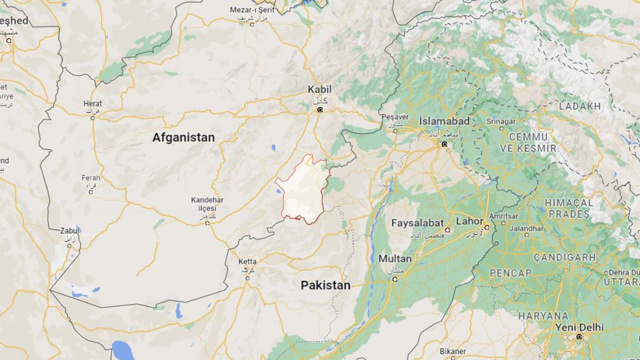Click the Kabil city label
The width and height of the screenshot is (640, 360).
tap(319, 89)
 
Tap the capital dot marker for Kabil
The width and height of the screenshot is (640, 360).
tap(320, 110)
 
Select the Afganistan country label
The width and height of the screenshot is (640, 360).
tap(183, 138)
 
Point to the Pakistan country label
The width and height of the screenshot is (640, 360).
tap(325, 285)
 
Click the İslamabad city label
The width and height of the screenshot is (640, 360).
tap(444, 121)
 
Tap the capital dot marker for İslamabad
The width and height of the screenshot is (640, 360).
tap(444, 144)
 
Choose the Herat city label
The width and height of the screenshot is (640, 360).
tap(93, 103)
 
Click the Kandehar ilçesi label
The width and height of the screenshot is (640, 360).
tap(207, 203)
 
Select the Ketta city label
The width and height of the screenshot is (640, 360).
tap(247, 262)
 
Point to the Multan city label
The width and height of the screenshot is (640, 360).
tap(395, 259)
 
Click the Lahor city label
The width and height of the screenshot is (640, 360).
tap(469, 221)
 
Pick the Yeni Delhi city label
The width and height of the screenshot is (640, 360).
tap(579, 326)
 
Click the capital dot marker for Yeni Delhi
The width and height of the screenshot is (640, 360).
tap(579, 337)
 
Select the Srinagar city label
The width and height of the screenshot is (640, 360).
tap(501, 121)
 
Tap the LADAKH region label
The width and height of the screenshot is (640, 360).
tap(580, 106)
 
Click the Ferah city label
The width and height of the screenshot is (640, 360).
tap(91, 178)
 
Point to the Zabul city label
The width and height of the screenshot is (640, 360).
tap(69, 230)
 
